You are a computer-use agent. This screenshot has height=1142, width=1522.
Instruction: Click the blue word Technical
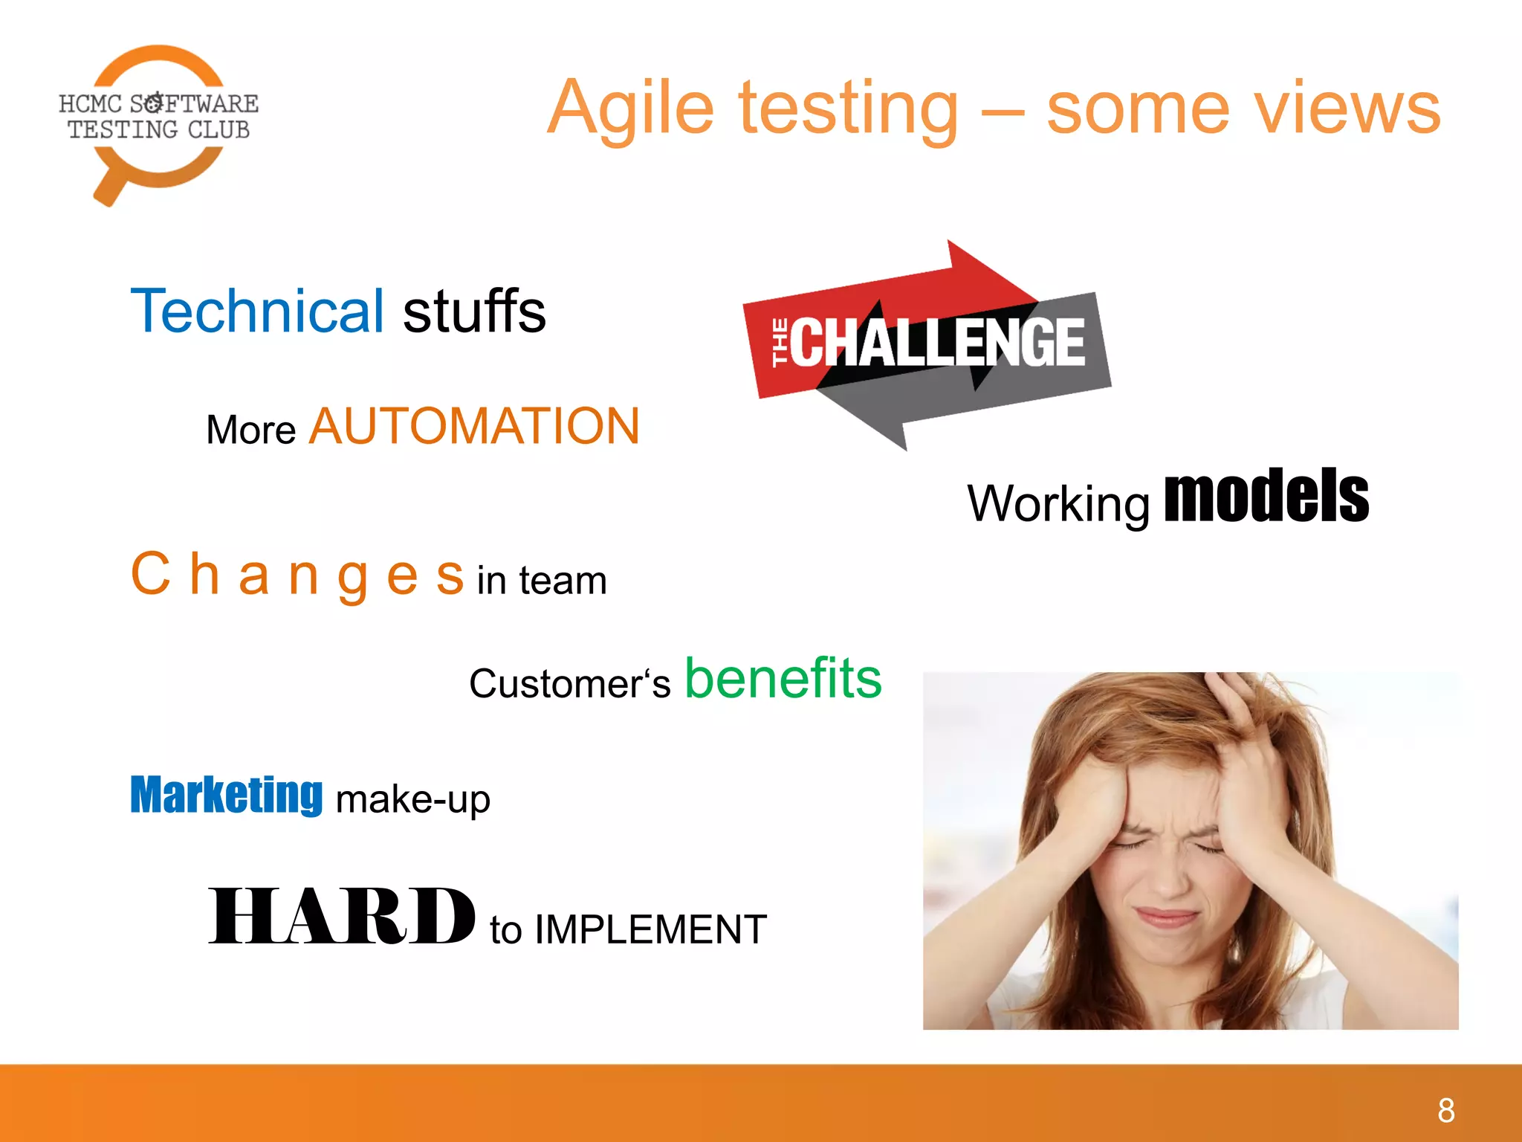[257, 311]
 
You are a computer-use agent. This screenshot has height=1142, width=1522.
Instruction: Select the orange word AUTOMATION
[474, 427]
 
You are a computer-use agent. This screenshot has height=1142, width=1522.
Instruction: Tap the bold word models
[1266, 497]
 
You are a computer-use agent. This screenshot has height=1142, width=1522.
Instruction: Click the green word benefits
[783, 678]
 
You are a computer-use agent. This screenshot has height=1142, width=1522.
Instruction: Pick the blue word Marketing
[226, 796]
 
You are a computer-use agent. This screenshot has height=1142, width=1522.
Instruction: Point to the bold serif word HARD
[341, 917]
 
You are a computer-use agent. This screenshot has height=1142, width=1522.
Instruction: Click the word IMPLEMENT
[650, 929]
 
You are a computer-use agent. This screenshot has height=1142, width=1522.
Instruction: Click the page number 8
[1445, 1111]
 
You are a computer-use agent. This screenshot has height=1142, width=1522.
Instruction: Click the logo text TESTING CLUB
[158, 130]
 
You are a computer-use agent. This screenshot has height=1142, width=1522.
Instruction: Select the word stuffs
[474, 311]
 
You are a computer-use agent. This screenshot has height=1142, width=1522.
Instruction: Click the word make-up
[412, 800]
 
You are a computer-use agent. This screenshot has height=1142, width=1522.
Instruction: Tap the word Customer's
[569, 683]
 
